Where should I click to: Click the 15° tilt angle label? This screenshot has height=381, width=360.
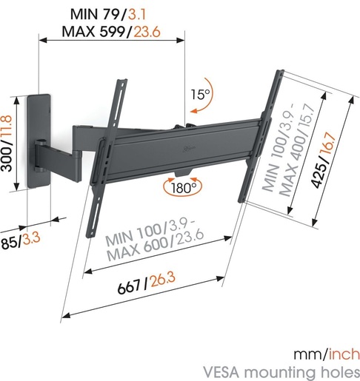[x=200, y=95]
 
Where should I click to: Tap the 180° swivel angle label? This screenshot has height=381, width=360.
[x=184, y=189]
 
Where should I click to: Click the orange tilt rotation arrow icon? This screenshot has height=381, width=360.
[x=196, y=111]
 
